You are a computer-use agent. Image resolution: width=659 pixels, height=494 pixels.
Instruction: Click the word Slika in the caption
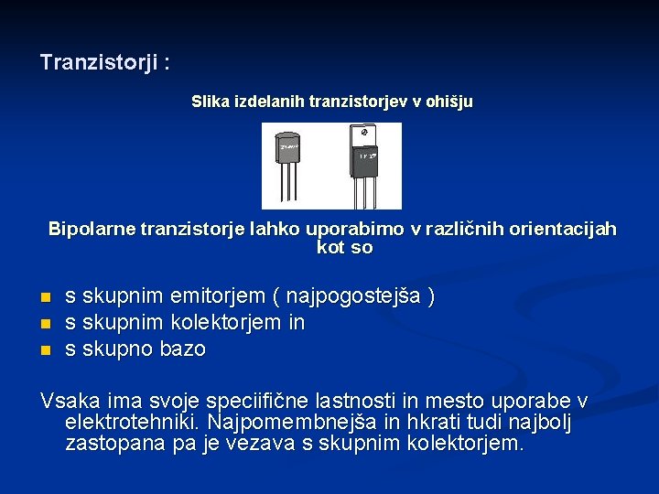210,102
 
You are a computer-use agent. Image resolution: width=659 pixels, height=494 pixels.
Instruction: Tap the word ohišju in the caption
449,102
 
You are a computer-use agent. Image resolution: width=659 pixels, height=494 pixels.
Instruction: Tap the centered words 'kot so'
344,248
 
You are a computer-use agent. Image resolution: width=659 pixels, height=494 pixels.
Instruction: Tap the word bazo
183,349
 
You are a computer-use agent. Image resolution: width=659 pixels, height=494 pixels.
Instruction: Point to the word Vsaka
67,402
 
